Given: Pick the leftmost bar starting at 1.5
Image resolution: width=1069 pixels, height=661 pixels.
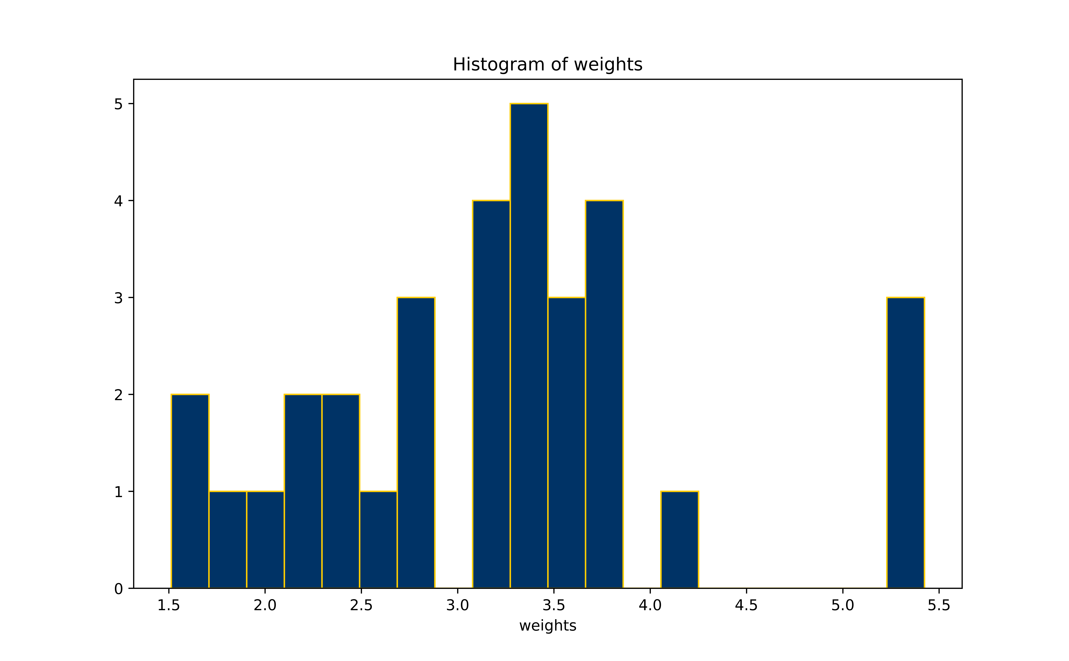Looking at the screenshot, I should (x=190, y=491).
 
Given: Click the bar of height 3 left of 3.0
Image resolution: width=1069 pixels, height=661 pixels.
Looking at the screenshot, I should (x=416, y=442).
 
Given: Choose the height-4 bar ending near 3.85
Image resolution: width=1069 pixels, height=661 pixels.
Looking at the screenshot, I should (x=604, y=394).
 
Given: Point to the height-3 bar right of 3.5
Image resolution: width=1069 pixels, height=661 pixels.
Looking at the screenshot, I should (x=567, y=442).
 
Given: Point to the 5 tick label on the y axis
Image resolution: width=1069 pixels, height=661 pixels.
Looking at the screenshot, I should (x=118, y=104).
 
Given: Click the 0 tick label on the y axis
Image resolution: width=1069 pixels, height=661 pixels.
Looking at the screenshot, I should (x=118, y=589).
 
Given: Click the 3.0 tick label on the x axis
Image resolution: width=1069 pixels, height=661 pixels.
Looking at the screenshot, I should (x=457, y=606).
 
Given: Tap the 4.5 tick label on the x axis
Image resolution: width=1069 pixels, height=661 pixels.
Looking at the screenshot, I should (x=746, y=606).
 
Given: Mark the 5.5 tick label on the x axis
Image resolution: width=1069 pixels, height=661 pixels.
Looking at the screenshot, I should (x=939, y=606).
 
